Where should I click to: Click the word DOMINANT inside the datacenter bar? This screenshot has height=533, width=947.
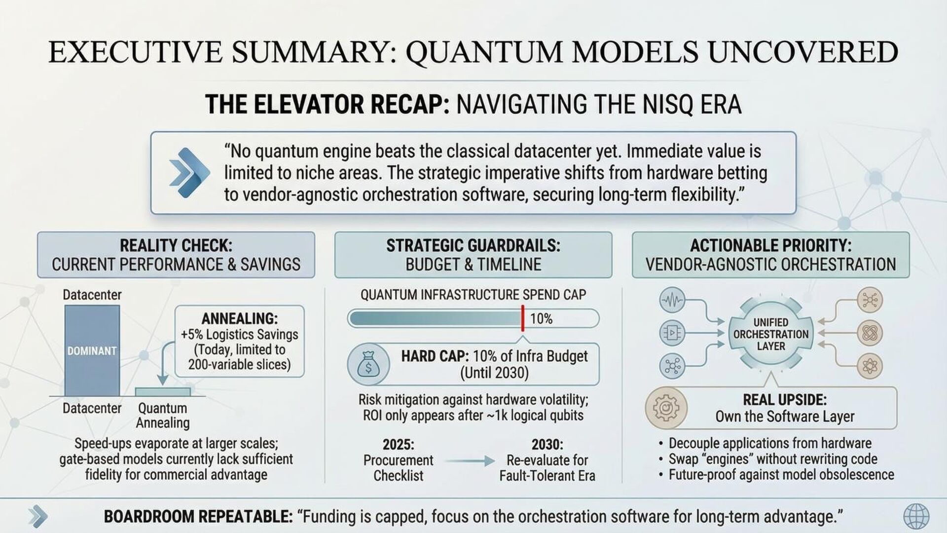[x=92, y=351]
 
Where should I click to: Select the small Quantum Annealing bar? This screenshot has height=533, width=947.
[x=163, y=392]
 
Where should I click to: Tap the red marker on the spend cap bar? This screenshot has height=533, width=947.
[x=522, y=318]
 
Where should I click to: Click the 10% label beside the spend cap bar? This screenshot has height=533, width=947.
[x=541, y=319]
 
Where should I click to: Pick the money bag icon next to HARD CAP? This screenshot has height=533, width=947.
[x=368, y=364]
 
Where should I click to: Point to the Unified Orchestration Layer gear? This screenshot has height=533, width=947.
[x=770, y=334]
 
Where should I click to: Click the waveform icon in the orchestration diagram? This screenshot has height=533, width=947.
[x=672, y=300]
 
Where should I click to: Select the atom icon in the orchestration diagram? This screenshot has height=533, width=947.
[x=870, y=366]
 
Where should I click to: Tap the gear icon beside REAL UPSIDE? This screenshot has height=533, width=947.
[x=666, y=408]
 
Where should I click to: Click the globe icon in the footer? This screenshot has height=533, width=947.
[x=916, y=517]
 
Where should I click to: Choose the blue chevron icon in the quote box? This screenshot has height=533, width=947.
[x=188, y=173]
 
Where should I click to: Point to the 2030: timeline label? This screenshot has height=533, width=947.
[x=547, y=444]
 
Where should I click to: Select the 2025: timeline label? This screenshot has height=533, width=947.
[x=398, y=444]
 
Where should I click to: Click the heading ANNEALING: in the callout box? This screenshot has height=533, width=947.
[x=240, y=318]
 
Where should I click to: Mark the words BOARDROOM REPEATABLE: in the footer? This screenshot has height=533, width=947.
[x=198, y=517]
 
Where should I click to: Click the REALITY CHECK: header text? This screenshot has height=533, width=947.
[x=176, y=245]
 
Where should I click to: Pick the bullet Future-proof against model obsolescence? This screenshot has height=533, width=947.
[x=781, y=475]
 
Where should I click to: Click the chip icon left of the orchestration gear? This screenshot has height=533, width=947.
[x=672, y=333]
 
